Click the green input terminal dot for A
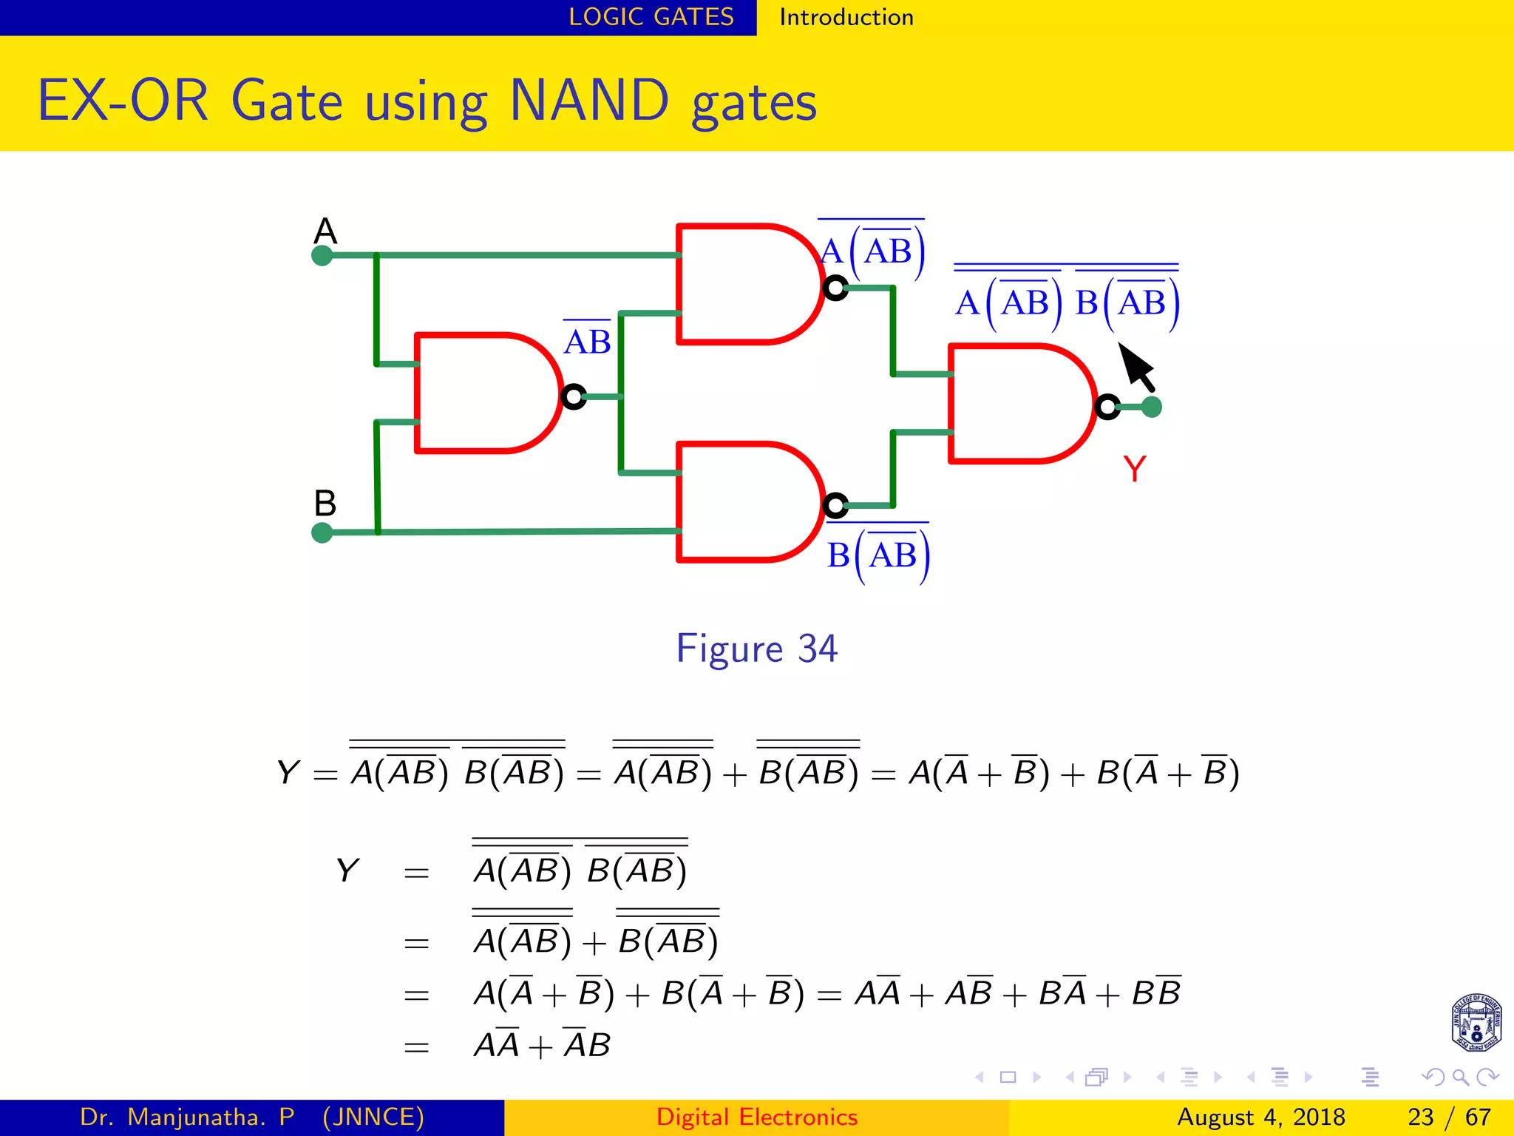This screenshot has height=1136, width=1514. click(x=322, y=256)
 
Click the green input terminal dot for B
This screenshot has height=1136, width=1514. click(x=322, y=532)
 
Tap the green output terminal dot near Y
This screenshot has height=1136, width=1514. click(x=1152, y=407)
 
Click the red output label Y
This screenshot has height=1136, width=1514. click(x=1134, y=469)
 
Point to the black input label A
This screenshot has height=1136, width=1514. click(x=325, y=231)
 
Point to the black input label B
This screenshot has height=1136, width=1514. click(x=325, y=504)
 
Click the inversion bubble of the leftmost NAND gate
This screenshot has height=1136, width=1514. click(x=573, y=397)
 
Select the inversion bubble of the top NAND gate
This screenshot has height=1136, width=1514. click(x=835, y=288)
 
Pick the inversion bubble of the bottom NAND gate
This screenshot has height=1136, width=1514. click(x=835, y=505)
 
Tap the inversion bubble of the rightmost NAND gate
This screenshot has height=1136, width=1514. click(x=1107, y=407)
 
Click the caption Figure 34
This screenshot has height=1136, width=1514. click(x=756, y=649)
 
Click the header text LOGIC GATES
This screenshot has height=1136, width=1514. click(x=651, y=17)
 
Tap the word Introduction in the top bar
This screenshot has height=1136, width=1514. click(x=846, y=17)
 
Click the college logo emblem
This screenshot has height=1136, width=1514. click(x=1476, y=1023)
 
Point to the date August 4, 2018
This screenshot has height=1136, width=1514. click(x=1260, y=1117)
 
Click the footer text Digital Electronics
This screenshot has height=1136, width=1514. click(x=756, y=1117)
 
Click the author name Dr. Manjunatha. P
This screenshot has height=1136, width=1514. click(x=187, y=1117)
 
